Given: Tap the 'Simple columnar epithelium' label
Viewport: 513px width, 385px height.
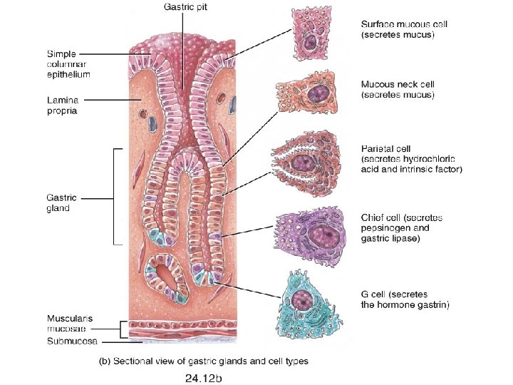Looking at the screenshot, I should pyautogui.click(x=68, y=63).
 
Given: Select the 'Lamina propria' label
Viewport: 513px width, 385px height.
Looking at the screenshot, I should pyautogui.click(x=62, y=106).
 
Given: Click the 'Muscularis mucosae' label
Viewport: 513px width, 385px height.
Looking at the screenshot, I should pyautogui.click(x=70, y=323).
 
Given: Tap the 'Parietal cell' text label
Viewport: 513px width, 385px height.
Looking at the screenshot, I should pyautogui.click(x=412, y=158).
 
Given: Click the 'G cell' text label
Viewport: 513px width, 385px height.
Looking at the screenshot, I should pyautogui.click(x=405, y=299).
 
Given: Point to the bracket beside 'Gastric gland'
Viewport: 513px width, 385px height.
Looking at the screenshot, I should pyautogui.click(x=113, y=196).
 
